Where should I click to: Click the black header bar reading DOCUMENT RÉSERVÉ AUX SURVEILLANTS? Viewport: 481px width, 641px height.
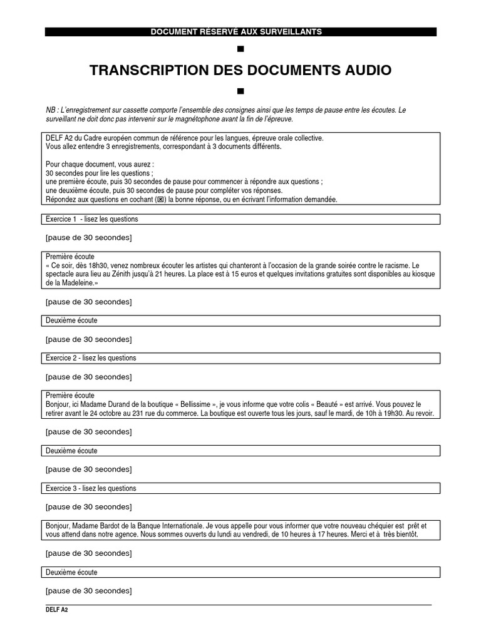pos(240,32)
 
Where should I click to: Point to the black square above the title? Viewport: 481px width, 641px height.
pos(240,49)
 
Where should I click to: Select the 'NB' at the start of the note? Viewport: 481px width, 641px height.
pos(50,110)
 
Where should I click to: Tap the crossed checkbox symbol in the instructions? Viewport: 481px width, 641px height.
pos(160,200)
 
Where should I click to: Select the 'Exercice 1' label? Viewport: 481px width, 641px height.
pos(61,219)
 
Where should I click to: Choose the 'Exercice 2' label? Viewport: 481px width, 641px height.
pos(61,358)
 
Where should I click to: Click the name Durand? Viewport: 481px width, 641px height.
pos(123,404)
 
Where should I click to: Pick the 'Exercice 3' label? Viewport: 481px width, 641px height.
pos(61,488)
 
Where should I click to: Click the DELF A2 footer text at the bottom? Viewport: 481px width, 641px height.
pos(56,609)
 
